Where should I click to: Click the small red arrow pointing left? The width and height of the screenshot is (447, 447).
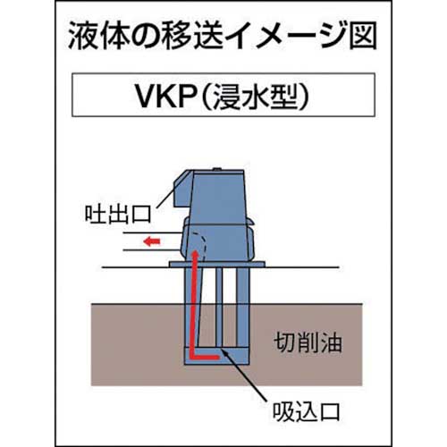pos(154,241)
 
